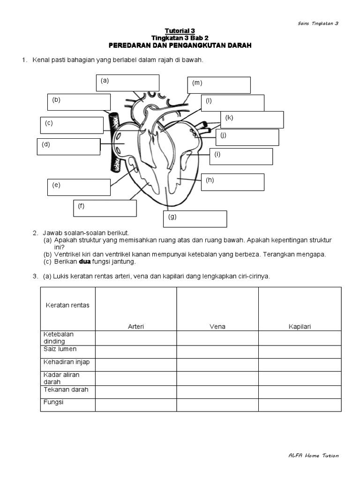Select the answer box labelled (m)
(219, 85)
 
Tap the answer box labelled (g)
(195, 219)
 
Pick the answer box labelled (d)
(68, 147)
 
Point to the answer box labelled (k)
(252, 120)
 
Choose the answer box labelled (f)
(105, 209)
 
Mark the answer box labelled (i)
(241, 157)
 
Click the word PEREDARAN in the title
(132, 45)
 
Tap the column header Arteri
(136, 326)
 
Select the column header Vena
(217, 326)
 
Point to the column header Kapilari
(300, 326)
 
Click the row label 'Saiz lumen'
(60, 349)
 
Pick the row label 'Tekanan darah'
(66, 390)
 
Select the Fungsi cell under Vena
(217, 405)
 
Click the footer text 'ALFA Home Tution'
(314, 456)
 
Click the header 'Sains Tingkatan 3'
(318, 23)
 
